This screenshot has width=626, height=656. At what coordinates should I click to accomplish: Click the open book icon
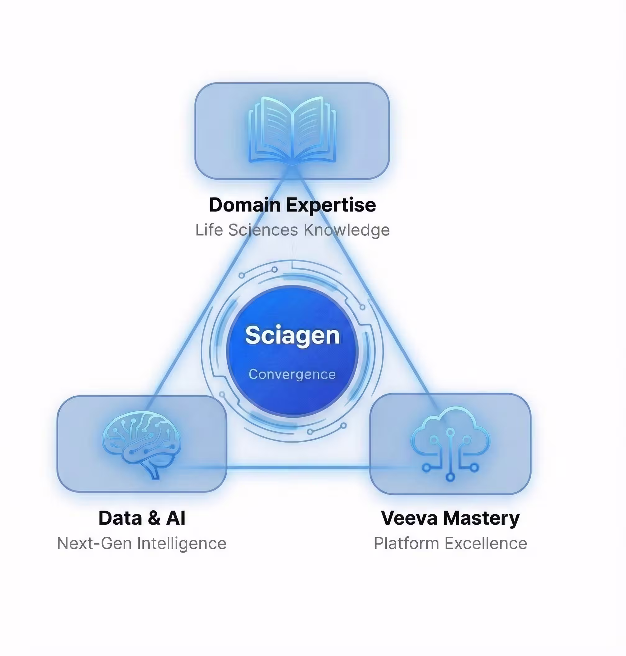pyautogui.click(x=292, y=130)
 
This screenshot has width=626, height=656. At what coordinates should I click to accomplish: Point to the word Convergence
pyautogui.click(x=292, y=374)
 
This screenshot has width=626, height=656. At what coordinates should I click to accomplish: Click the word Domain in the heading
pyautogui.click(x=245, y=205)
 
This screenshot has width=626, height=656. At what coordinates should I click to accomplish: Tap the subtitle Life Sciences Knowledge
pyautogui.click(x=292, y=230)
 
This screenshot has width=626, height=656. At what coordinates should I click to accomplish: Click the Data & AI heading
pyautogui.click(x=142, y=518)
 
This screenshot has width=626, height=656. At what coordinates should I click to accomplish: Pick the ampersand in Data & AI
pyautogui.click(x=154, y=518)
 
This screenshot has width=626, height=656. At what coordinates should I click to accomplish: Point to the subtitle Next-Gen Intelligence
pyautogui.click(x=142, y=543)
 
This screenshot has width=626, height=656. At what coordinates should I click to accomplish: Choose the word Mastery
pyautogui.click(x=481, y=518)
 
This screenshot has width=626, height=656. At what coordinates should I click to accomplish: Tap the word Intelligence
pyautogui.click(x=182, y=544)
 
